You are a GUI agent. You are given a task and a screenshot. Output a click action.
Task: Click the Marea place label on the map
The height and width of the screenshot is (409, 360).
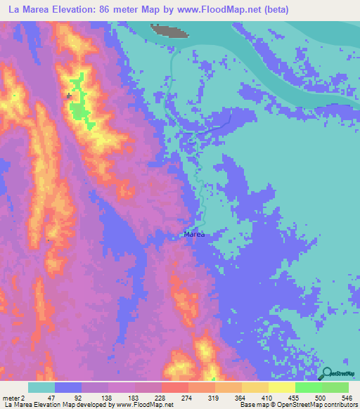click(193, 235)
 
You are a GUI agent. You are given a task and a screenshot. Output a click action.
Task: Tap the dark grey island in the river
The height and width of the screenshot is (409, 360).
click(169, 30)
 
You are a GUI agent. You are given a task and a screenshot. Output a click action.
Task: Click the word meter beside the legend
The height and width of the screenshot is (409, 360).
click(11, 397)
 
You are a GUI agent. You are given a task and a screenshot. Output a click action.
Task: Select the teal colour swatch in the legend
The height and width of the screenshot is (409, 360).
click(41, 387)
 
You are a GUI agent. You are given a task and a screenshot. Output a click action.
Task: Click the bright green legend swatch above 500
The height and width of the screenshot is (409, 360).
click(309, 387)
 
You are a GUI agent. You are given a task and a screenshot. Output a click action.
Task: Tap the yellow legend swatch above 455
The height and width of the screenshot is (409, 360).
click(282, 387)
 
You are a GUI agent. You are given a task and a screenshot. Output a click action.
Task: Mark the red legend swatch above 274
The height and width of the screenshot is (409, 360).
click(175, 387)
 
